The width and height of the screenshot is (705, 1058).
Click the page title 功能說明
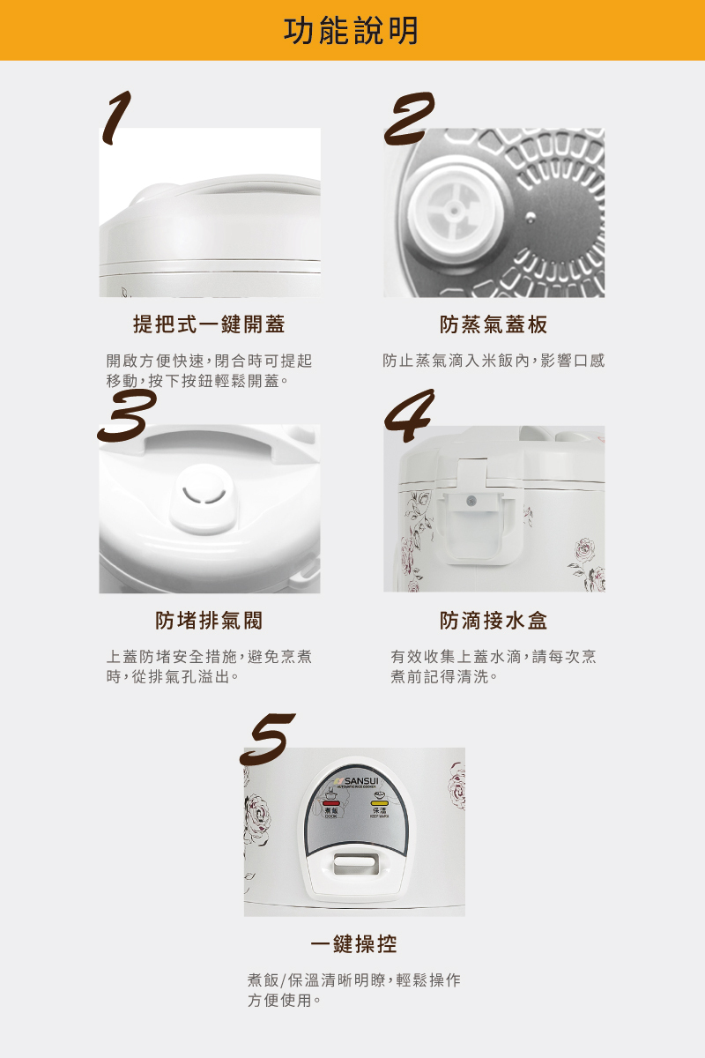tap(352, 31)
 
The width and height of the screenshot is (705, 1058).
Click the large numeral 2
tap(410, 120)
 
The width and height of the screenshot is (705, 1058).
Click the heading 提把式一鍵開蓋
tap(209, 324)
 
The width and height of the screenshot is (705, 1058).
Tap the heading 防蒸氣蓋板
tap(493, 324)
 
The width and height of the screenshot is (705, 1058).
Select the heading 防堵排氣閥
tap(209, 621)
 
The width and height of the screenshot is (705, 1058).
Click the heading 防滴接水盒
tap(493, 621)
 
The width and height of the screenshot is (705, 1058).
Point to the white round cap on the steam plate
tap(449, 211)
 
